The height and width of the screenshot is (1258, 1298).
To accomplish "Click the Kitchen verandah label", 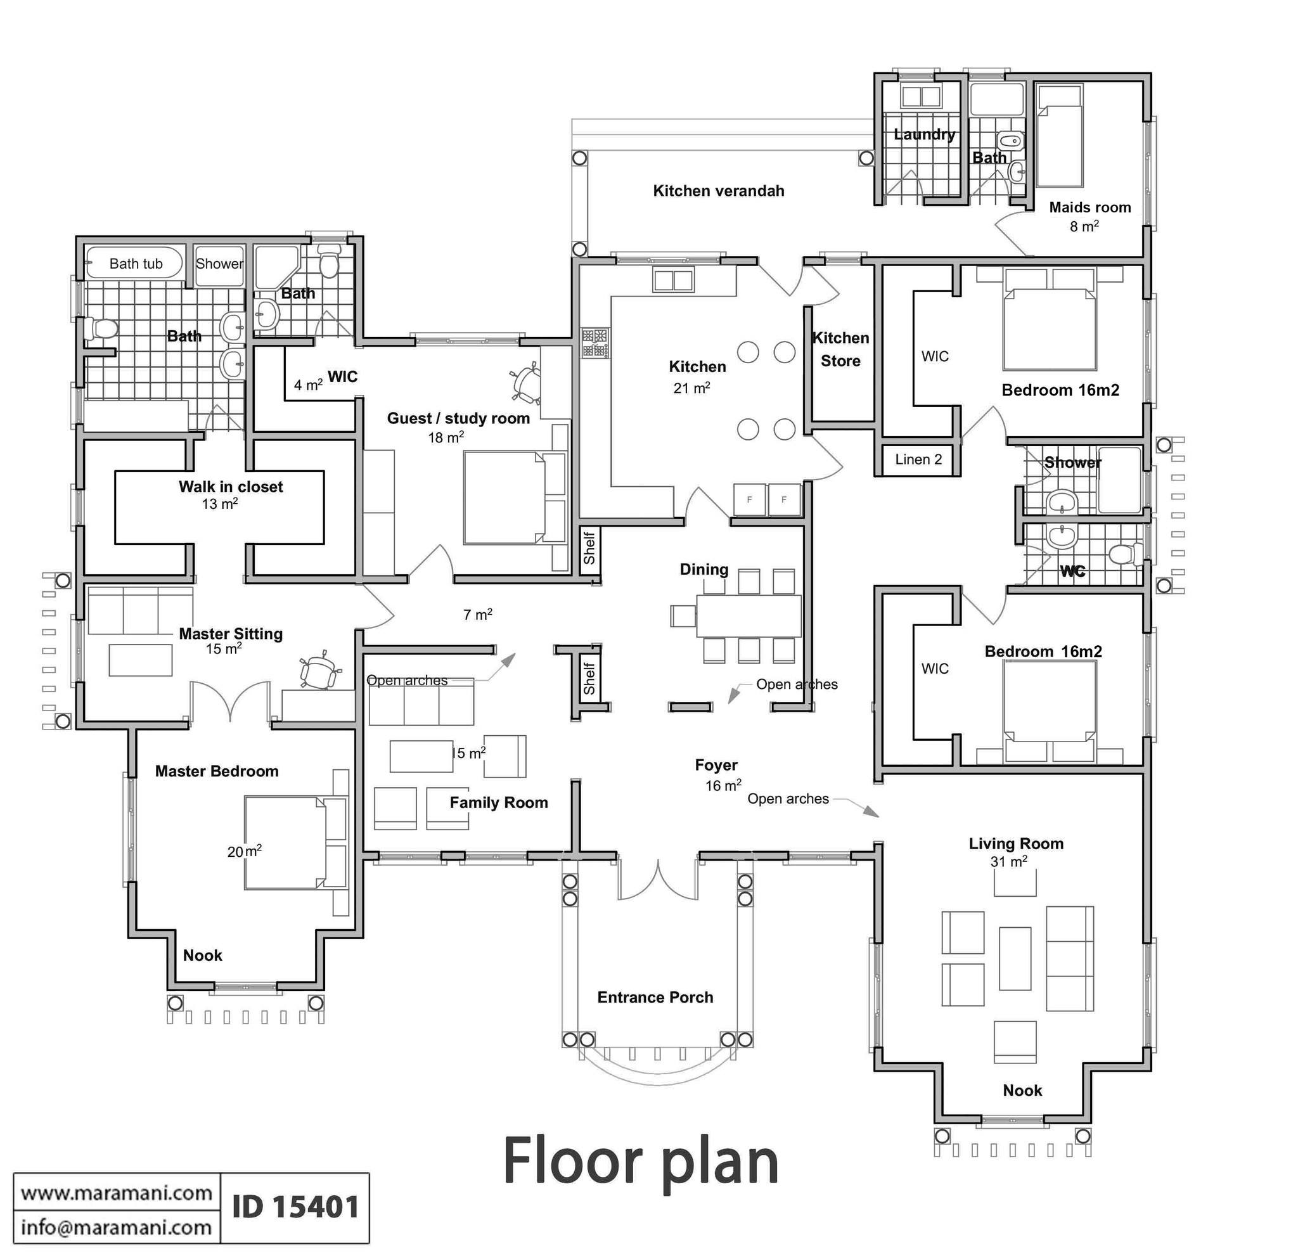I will [x=719, y=191].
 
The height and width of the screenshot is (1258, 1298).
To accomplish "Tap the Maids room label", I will [x=1090, y=207].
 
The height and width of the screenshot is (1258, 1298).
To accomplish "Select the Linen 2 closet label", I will [x=918, y=459].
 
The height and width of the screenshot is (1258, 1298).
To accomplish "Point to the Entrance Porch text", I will [x=655, y=997].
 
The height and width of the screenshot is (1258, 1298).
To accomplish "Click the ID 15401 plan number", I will [x=295, y=1207].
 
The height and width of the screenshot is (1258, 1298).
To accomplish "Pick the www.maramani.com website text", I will [x=117, y=1193].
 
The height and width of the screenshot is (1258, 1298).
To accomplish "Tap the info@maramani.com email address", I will [x=117, y=1228].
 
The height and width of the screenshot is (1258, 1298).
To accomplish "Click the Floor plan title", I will [x=640, y=1161].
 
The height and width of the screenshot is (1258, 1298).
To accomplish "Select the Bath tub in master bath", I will [x=135, y=264].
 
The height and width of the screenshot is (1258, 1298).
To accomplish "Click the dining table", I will [x=749, y=616].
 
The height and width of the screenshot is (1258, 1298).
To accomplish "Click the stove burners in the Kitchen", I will [x=594, y=343].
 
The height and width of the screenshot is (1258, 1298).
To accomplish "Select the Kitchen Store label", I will [x=840, y=350].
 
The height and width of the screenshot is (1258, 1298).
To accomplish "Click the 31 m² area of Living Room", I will [x=1008, y=861].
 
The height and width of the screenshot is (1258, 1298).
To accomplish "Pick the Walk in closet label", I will [x=231, y=487].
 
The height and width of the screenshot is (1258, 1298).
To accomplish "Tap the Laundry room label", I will [x=924, y=135].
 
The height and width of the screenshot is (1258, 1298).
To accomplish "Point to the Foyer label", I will [x=716, y=766].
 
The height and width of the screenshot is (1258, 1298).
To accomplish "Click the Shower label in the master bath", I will [x=219, y=264].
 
